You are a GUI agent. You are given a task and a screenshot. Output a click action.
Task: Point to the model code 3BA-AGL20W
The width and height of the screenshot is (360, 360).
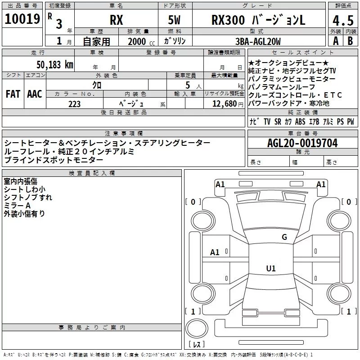pyautogui.click(x=258, y=42)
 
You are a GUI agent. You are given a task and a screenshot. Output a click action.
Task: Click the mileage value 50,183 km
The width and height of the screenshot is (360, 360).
pyautogui.click(x=55, y=64)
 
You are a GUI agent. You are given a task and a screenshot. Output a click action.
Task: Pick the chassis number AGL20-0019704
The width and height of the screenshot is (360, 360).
pyautogui.click(x=302, y=143)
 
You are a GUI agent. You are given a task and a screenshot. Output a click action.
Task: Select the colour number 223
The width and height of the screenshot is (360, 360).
pyautogui.click(x=74, y=104)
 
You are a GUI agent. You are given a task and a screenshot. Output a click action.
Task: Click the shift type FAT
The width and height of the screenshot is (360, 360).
pyautogui.click(x=13, y=94)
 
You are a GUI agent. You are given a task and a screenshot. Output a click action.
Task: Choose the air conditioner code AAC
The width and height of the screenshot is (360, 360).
pyautogui.click(x=35, y=94)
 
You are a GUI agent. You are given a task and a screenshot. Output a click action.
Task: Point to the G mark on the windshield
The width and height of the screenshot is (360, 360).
pyautogui.click(x=284, y=237)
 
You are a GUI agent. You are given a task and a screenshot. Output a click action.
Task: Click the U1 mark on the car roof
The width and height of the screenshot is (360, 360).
pyautogui.click(x=270, y=269)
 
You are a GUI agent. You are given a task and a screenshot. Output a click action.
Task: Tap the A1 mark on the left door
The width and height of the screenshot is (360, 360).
pyautogui.click(x=215, y=252)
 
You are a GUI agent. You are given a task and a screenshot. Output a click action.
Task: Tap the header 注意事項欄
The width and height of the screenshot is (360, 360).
pyautogui.click(x=123, y=134)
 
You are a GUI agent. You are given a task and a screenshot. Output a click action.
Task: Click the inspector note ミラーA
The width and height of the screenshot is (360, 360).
pyautogui.click(x=17, y=205)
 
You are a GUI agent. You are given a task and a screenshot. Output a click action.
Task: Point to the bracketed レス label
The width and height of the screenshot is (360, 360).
pyautogui.click(x=196, y=345)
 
